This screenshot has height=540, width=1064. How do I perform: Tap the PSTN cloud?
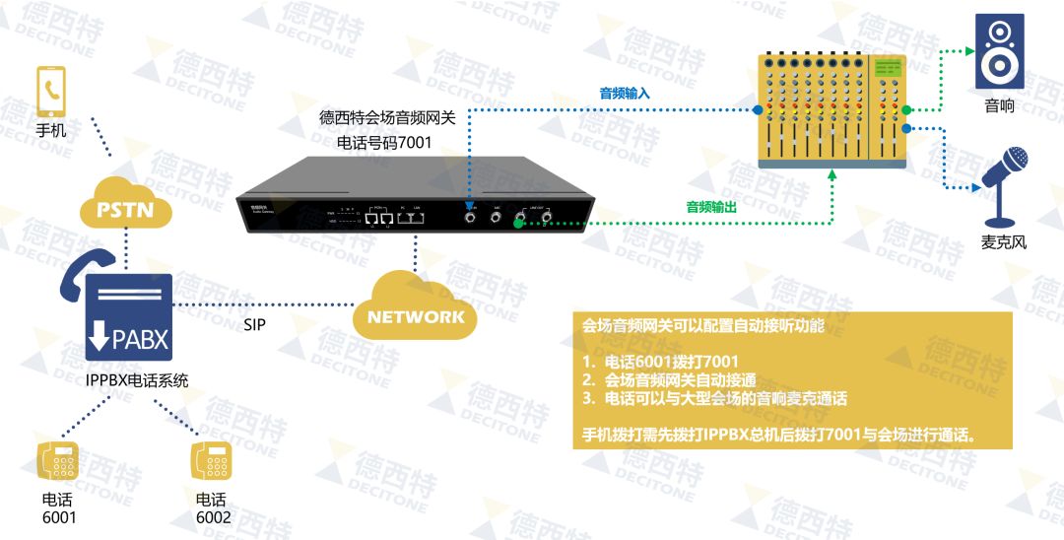coord(126,208)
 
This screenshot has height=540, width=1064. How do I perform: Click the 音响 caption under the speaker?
coord(999,105)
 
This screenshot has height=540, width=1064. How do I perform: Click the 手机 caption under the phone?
coord(51,129)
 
